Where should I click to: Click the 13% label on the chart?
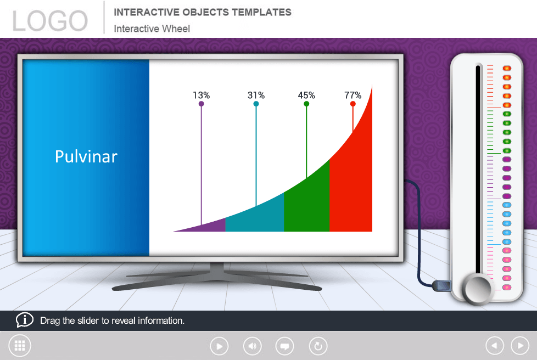(x=202, y=95)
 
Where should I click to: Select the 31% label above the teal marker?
(x=256, y=95)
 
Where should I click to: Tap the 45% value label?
(x=306, y=95)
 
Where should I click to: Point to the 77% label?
(x=353, y=95)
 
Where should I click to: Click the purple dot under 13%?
(x=202, y=104)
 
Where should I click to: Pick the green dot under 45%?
(x=306, y=104)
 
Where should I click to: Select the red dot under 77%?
(x=353, y=104)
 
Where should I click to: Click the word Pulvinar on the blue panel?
(x=86, y=157)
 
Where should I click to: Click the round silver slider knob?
(x=477, y=289)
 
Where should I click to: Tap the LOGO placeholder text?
(x=50, y=21)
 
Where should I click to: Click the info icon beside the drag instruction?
(x=24, y=320)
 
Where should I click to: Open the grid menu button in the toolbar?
(x=20, y=346)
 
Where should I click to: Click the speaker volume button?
(x=253, y=346)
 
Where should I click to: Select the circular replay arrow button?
(x=318, y=346)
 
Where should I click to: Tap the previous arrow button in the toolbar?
(x=495, y=346)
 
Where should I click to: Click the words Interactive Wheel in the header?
(x=152, y=29)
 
